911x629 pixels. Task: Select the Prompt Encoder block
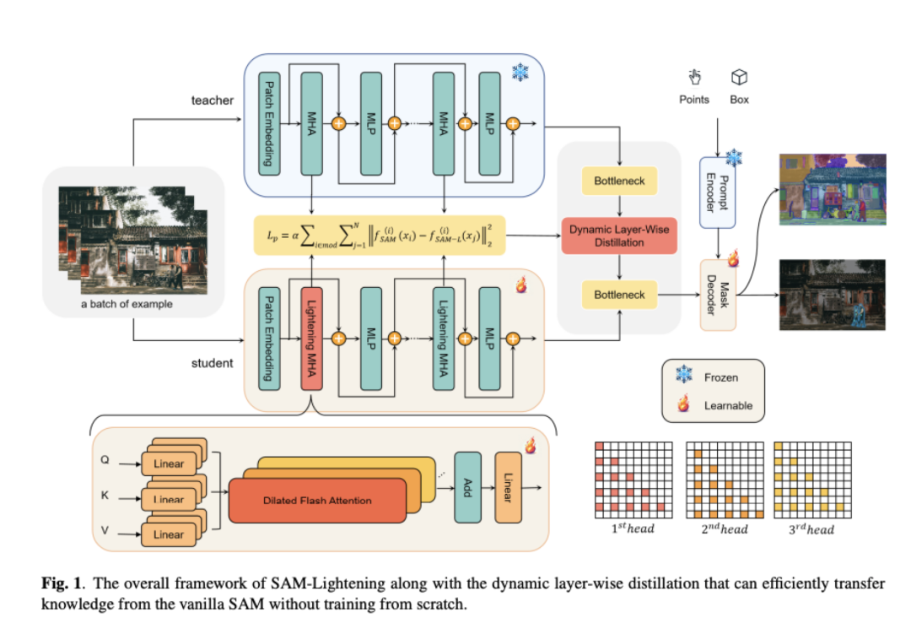[x=717, y=192]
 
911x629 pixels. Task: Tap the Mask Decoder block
[x=717, y=295]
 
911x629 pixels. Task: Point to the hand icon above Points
[x=694, y=78]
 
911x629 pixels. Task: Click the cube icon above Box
[x=740, y=78]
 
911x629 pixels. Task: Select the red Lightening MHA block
[x=311, y=338]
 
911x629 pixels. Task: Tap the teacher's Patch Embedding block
[x=269, y=123]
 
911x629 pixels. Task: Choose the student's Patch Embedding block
[x=269, y=338]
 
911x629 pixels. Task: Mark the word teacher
[x=212, y=100]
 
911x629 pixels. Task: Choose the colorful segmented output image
[x=832, y=193]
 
